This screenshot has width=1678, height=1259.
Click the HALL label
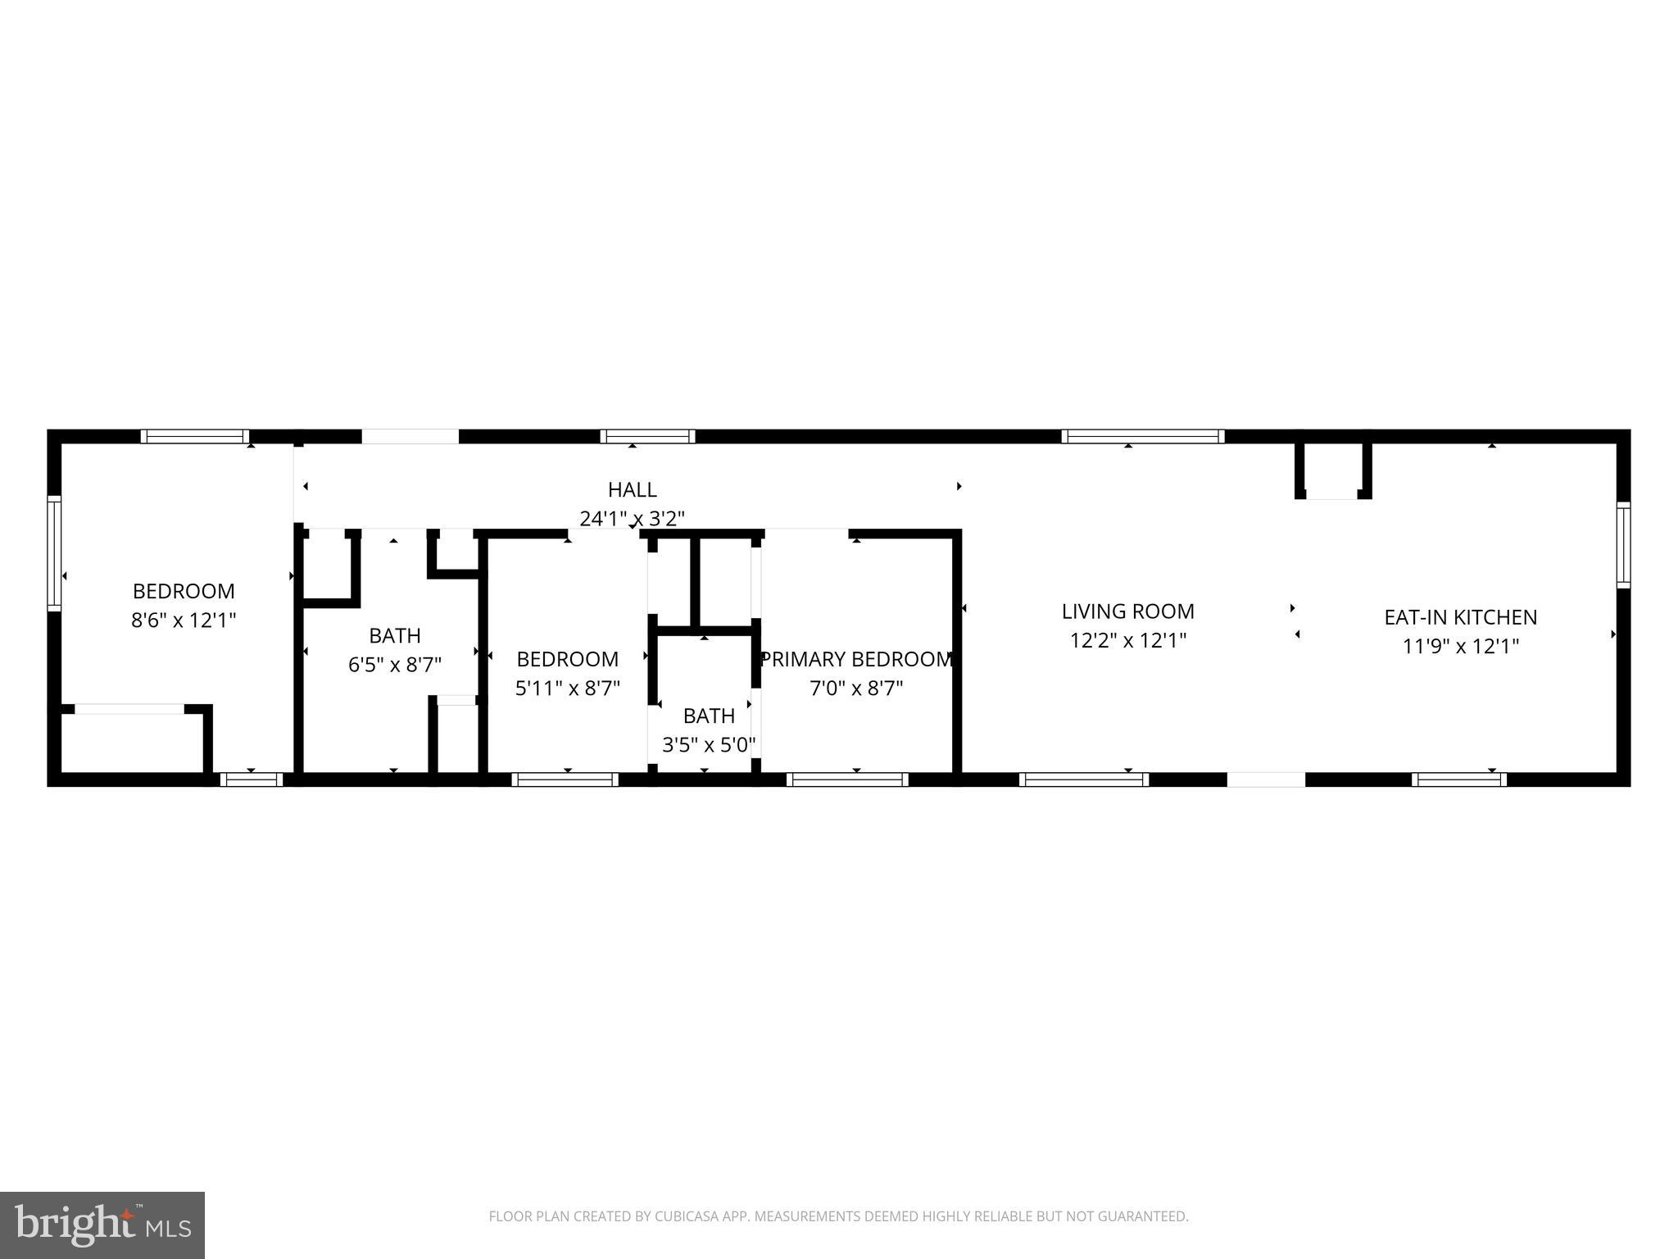(x=632, y=489)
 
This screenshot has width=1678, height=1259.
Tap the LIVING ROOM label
(x=1128, y=611)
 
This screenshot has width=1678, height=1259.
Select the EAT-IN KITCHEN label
(x=1460, y=617)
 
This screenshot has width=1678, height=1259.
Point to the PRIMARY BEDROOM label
(x=856, y=659)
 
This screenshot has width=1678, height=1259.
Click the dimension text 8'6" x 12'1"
(x=184, y=620)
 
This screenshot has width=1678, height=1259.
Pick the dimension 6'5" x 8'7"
(x=395, y=664)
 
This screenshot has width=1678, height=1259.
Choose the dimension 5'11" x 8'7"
(x=568, y=688)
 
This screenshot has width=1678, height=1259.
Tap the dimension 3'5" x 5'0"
(x=709, y=745)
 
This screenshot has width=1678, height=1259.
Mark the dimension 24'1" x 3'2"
(x=632, y=518)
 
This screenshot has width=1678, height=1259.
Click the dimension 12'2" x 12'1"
(x=1128, y=640)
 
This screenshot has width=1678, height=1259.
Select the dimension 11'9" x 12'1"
(x=1460, y=646)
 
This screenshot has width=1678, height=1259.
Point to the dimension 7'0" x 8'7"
(x=856, y=688)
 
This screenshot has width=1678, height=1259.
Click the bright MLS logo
(x=102, y=1225)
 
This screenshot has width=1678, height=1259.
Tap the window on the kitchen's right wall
(x=1623, y=545)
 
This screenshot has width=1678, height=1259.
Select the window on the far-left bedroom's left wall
(x=54, y=552)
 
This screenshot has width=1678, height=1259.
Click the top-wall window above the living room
(x=1143, y=436)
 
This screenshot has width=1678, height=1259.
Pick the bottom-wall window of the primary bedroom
(x=847, y=779)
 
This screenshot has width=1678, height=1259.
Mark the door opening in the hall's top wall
(x=410, y=436)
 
